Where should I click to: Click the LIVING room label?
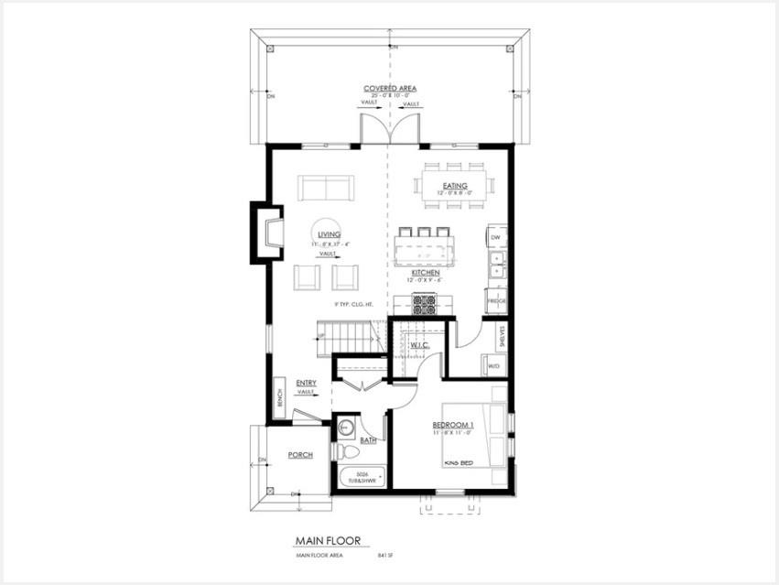tap(325, 235)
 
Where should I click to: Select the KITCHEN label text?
tap(426, 273)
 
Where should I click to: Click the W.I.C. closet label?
tap(419, 345)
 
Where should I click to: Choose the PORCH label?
tap(300, 455)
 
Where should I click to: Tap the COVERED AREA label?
tap(389, 89)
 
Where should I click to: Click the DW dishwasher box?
tap(496, 238)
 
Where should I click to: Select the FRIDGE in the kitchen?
tap(496, 300)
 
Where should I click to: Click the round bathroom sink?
tap(347, 427)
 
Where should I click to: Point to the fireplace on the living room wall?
tap(268, 233)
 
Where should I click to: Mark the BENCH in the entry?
tap(278, 399)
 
